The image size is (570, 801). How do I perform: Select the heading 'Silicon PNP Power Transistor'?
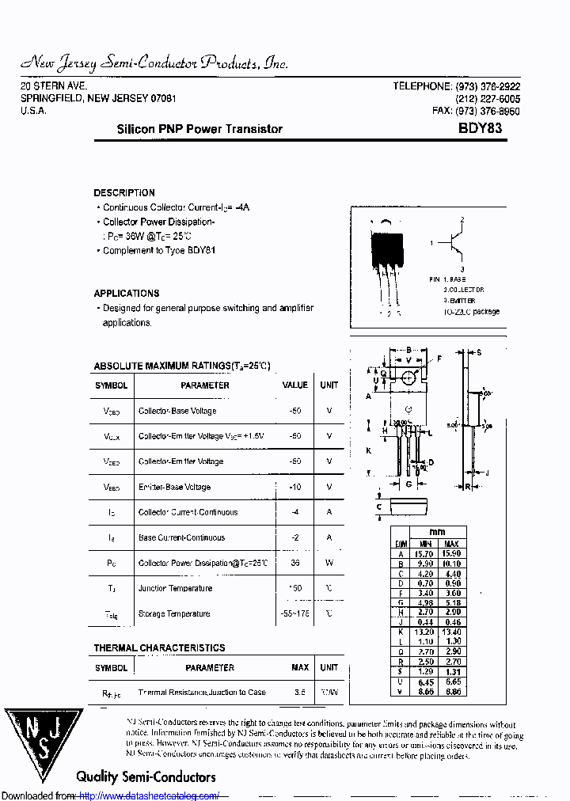point(199,129)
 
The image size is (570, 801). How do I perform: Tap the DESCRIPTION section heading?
point(124,193)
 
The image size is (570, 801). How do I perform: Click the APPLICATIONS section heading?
point(127,294)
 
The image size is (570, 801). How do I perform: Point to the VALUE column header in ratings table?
point(295,385)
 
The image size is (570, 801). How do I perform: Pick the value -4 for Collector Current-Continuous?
point(295,512)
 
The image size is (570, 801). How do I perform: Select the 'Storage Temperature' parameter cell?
point(174,613)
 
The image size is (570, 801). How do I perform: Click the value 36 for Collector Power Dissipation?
point(295,563)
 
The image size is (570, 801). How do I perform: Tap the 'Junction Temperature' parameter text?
point(175,588)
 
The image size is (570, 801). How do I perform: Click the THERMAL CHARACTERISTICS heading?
point(159,648)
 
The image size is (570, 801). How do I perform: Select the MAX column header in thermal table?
point(300,667)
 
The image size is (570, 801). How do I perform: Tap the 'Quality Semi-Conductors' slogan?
point(146,776)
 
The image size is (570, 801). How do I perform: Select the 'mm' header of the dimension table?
point(437,532)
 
